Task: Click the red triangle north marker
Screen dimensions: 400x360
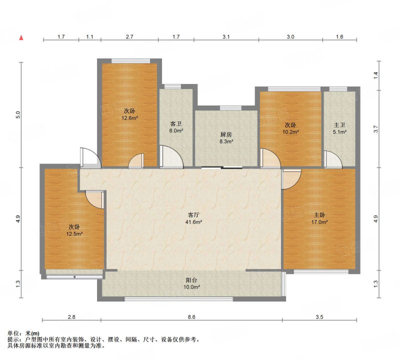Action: coord(21,38)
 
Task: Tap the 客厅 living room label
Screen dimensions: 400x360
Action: coord(193,214)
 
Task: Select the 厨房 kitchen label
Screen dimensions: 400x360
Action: coord(226,134)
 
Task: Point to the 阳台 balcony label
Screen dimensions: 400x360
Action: coord(191,280)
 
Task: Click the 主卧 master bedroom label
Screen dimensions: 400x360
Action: coord(319,215)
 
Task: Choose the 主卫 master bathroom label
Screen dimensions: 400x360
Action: coord(339,125)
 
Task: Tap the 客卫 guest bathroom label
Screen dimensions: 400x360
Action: coord(176,124)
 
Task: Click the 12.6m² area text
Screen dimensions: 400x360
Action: coord(129,118)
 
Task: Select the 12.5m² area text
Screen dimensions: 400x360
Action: coord(74,233)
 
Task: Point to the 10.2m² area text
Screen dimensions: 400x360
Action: coord(290,132)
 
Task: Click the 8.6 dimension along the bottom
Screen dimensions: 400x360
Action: coord(191,317)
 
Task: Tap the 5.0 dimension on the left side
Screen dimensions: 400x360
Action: coord(17,115)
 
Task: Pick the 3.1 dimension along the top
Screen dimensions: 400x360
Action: coord(226,36)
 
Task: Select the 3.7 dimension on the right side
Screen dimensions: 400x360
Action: coord(375,129)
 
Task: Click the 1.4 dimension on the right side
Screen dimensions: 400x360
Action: coord(375,75)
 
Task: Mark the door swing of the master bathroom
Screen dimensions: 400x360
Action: coord(333,159)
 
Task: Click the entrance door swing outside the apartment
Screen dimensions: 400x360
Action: coord(89,157)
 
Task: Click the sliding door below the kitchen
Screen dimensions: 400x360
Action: coord(221,167)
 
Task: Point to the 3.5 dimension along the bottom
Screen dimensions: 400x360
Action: coord(319,317)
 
